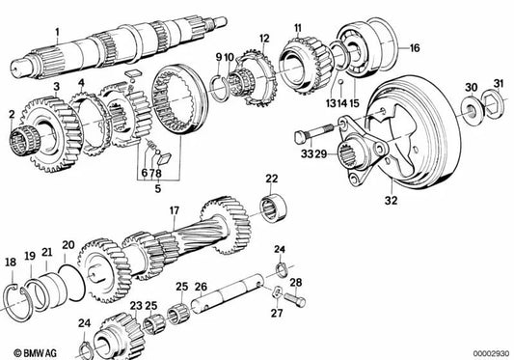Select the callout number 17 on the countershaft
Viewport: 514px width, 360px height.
[x=174, y=210]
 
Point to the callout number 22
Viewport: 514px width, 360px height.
[x=272, y=178]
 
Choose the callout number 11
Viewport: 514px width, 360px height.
[x=297, y=27]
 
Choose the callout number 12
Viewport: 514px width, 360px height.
[x=263, y=39]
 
